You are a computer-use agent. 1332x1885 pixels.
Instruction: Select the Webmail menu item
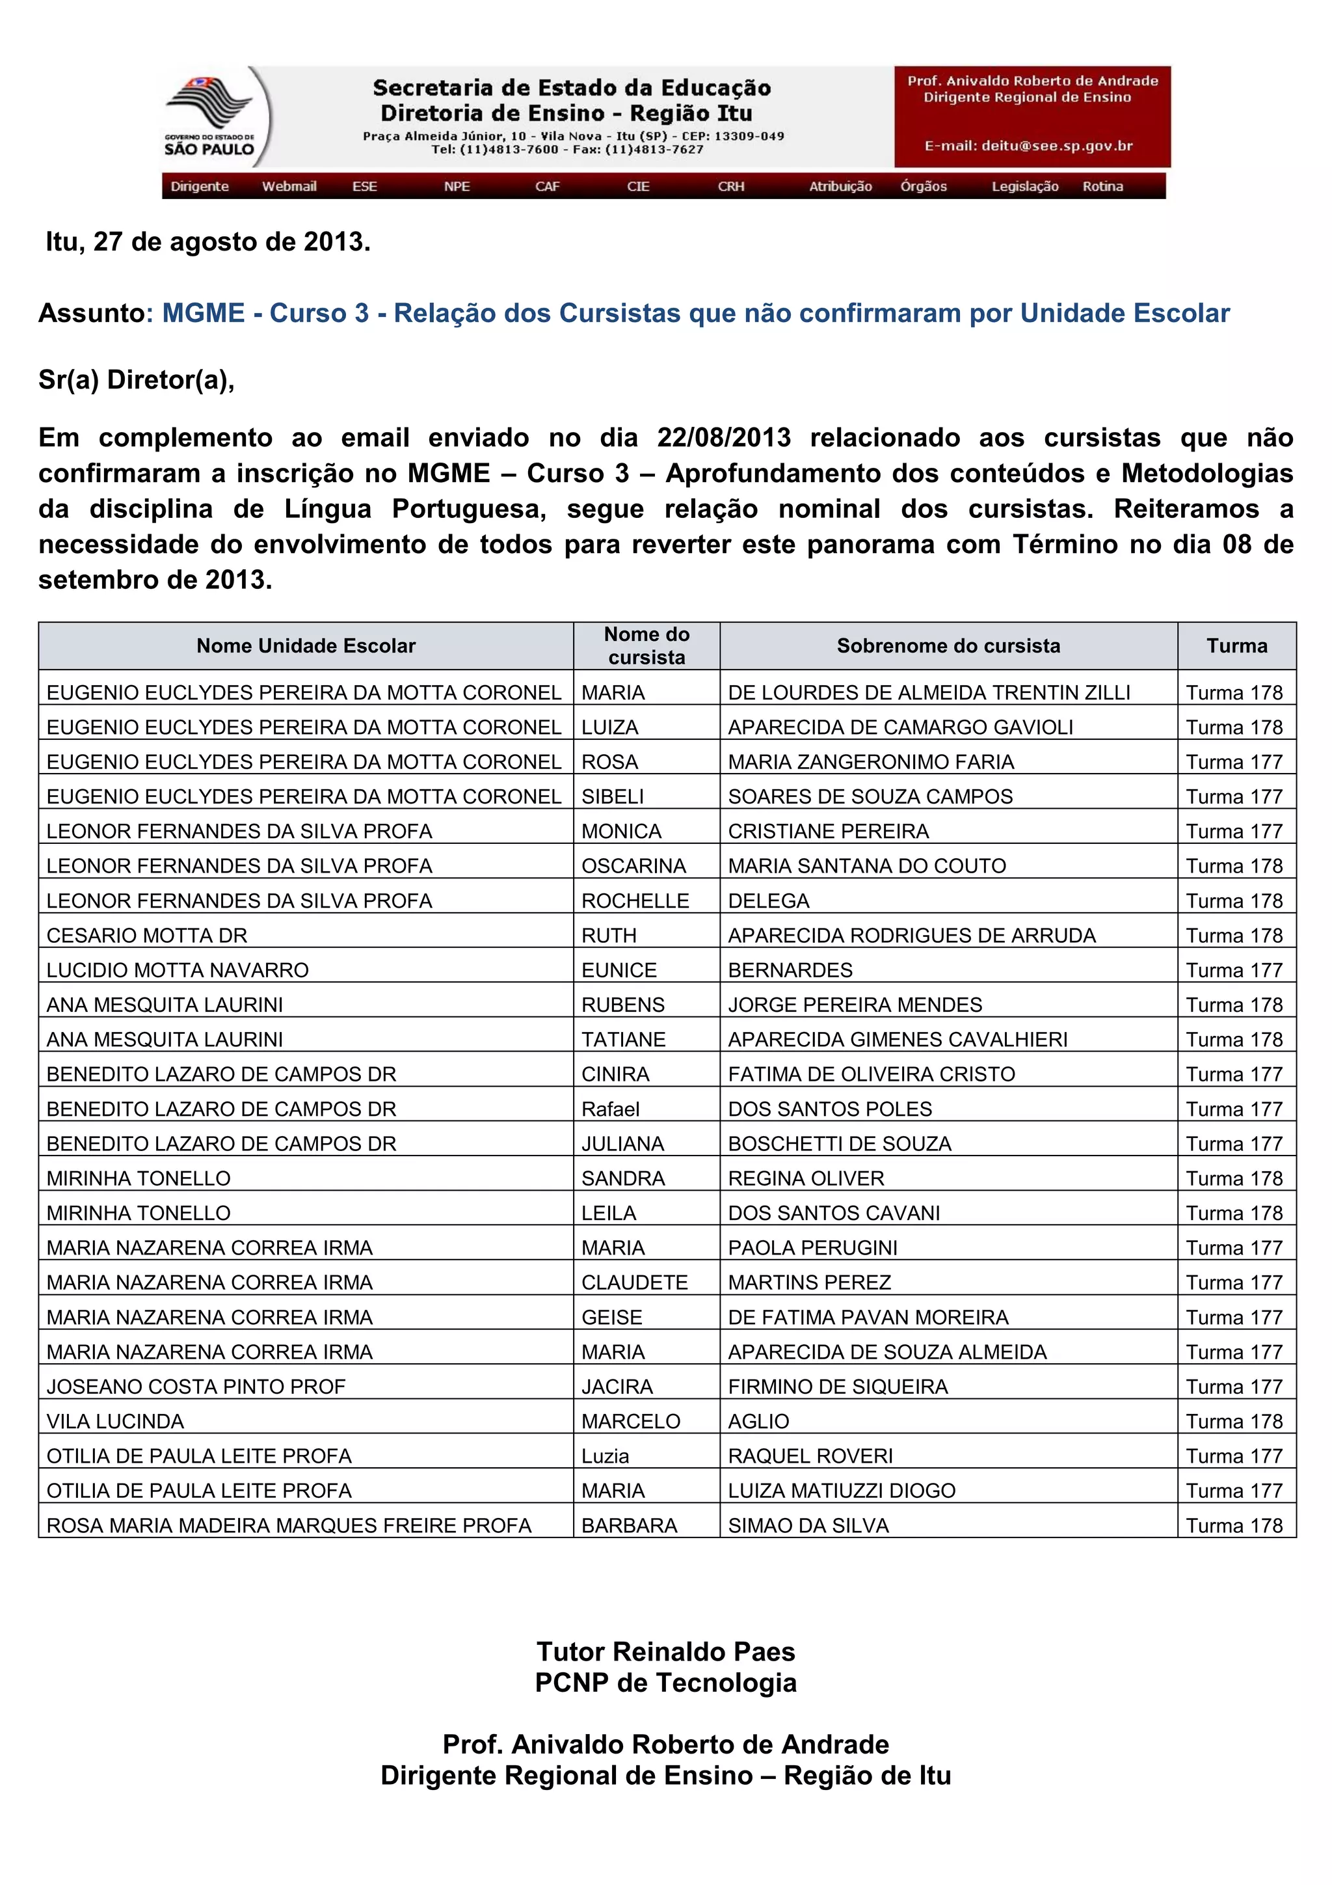click(289, 186)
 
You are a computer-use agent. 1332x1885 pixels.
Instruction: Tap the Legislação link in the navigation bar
click(1024, 186)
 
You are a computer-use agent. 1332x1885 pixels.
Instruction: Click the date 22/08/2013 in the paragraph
click(724, 438)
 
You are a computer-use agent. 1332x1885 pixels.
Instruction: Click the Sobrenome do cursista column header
click(948, 646)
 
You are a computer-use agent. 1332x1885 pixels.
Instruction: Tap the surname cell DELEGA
click(768, 901)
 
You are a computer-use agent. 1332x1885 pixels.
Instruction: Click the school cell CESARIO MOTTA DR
click(147, 935)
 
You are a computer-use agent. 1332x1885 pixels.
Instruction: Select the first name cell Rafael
click(610, 1109)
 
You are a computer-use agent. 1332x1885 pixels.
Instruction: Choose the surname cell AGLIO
click(758, 1421)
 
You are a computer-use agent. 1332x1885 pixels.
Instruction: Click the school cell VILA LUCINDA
click(115, 1421)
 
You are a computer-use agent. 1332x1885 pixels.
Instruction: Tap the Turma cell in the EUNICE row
click(1234, 970)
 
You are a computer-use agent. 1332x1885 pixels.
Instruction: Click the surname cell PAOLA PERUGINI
click(812, 1248)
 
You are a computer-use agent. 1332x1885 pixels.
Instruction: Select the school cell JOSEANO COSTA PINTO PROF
click(196, 1387)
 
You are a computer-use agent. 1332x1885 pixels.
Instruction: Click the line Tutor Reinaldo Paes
click(665, 1651)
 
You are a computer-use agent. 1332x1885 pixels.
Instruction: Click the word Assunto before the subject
click(91, 314)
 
